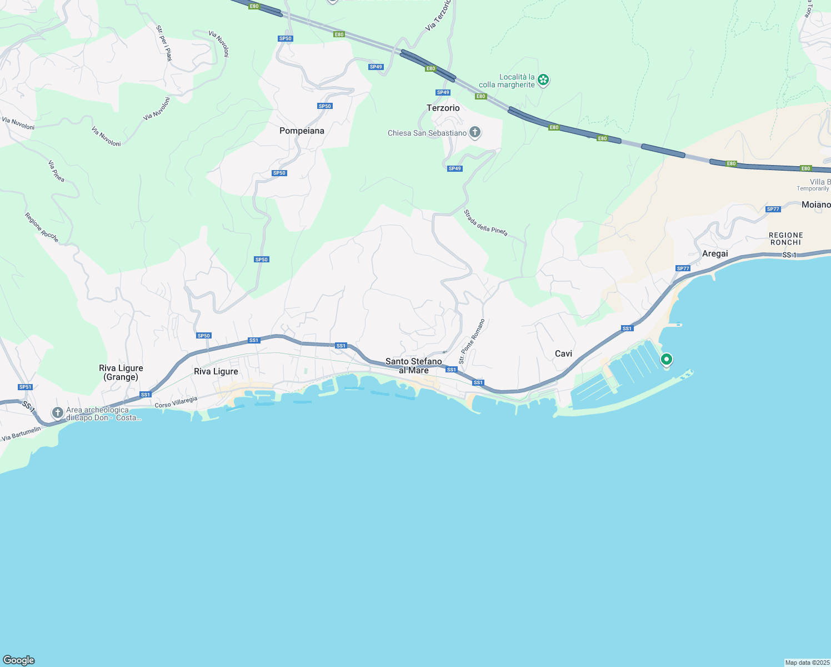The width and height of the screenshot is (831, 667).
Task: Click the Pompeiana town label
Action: [x=302, y=131]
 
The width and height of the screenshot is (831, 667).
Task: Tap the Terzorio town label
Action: [x=443, y=108]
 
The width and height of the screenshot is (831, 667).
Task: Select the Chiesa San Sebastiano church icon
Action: [x=474, y=132]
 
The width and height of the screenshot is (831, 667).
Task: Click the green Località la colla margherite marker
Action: [x=543, y=81]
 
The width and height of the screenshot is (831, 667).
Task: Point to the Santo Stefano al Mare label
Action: [x=414, y=366]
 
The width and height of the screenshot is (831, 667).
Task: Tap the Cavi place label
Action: [x=563, y=354]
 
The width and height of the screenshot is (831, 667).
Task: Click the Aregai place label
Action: [x=715, y=253]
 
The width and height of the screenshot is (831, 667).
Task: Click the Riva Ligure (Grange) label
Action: [x=121, y=372]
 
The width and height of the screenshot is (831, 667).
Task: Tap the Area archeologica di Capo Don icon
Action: [x=57, y=412]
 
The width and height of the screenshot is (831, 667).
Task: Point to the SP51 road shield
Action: [x=25, y=387]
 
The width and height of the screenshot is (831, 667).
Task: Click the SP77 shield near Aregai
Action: [x=683, y=268]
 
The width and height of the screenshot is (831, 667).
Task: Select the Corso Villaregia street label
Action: [x=176, y=402]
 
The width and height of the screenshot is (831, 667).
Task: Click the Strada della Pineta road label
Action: [x=485, y=223]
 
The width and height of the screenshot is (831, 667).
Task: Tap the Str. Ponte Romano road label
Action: [x=472, y=341]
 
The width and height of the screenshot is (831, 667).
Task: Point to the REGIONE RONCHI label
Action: [x=785, y=239]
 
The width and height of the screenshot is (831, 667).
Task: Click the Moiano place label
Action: [x=815, y=205]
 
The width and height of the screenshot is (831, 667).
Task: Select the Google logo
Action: [x=19, y=660]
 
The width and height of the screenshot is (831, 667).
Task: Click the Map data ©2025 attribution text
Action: [x=807, y=663]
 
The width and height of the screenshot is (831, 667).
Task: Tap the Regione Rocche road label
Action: [x=42, y=227]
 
